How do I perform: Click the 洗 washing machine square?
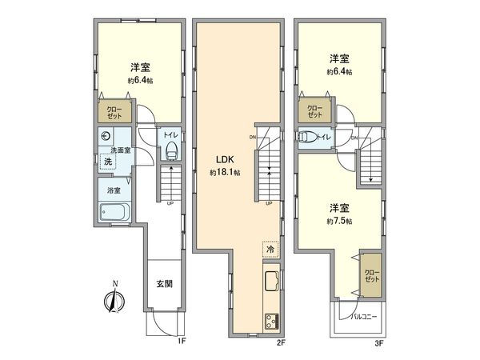[x=107, y=162]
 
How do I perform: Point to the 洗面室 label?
[x=121, y=150]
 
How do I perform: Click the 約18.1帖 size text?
[x=226, y=173]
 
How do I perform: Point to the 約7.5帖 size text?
[x=339, y=220]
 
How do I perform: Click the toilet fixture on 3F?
[x=306, y=138]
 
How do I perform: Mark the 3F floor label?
[x=379, y=342]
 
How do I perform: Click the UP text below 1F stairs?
[x=170, y=202]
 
